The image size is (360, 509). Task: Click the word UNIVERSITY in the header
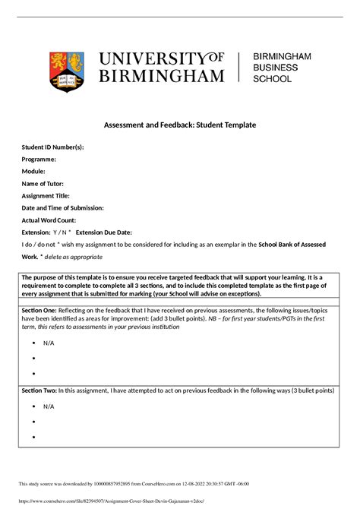pyautogui.click(x=150, y=59)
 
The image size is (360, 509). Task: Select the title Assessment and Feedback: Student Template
pyautogui.click(x=180, y=124)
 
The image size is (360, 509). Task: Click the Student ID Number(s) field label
pyautogui.click(x=52, y=147)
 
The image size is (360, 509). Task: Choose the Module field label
pyautogui.click(x=34, y=172)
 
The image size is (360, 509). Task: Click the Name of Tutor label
pyautogui.click(x=43, y=184)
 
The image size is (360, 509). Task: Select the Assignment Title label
pyautogui.click(x=46, y=196)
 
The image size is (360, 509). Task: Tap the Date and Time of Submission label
pyautogui.click(x=62, y=208)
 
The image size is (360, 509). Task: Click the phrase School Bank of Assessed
pyautogui.click(x=300, y=245)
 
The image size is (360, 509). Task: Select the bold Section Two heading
pyautogui.click(x=39, y=390)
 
